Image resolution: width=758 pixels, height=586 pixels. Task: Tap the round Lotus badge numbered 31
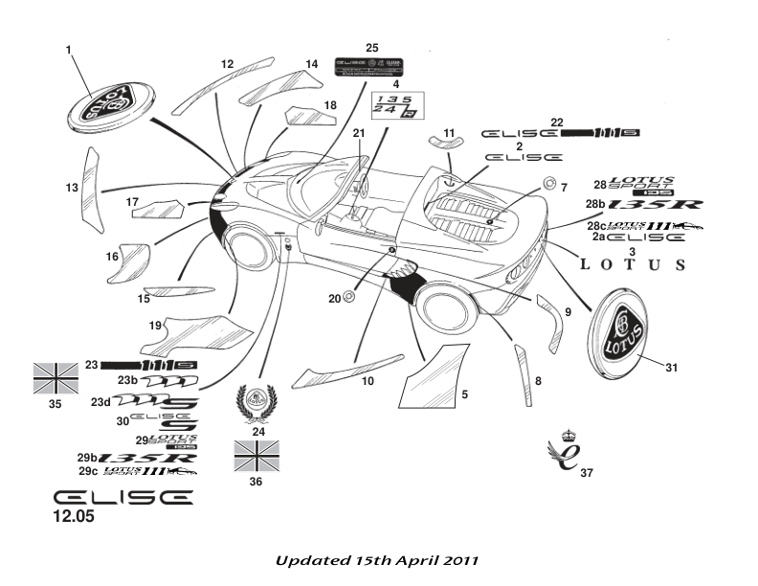[623, 327]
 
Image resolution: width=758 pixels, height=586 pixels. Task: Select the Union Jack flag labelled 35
[55, 378]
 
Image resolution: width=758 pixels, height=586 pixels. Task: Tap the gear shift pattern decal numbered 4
[397, 106]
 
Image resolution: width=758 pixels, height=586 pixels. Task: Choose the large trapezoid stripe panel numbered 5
[435, 375]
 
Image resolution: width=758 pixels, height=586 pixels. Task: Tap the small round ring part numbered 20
[348, 297]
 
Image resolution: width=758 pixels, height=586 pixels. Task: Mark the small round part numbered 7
[548, 185]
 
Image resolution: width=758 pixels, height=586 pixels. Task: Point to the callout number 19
[153, 327]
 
